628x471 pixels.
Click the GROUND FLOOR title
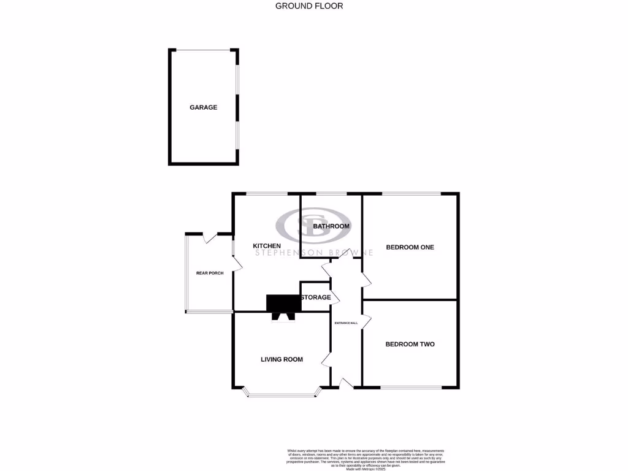[x=308, y=6]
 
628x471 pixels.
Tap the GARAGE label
[x=203, y=107]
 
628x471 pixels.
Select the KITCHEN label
[x=267, y=246]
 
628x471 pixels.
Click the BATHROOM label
[x=331, y=226]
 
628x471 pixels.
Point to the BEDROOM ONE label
[x=410, y=247]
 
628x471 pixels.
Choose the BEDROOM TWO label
[x=410, y=344]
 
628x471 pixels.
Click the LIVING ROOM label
[x=281, y=359]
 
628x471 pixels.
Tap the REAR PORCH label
[x=210, y=273]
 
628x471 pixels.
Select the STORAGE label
[x=316, y=297]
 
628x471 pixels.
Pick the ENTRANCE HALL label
[x=346, y=323]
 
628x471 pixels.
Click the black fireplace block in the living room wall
[x=283, y=303]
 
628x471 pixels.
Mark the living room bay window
[x=283, y=394]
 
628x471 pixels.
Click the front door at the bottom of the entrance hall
[x=346, y=384]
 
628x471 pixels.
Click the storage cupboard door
[x=335, y=297]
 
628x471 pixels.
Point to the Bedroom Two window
[x=410, y=388]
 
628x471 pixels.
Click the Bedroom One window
[x=410, y=194]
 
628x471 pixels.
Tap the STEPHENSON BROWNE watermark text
[x=314, y=253]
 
